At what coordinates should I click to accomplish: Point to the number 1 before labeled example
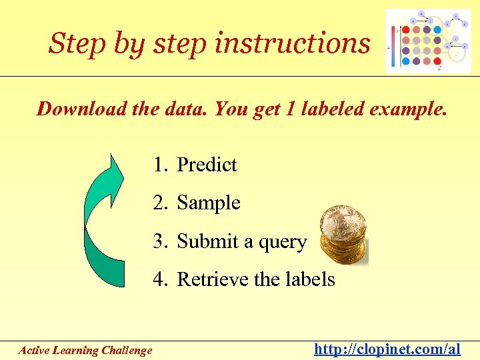291,109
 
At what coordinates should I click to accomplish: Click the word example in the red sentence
409,109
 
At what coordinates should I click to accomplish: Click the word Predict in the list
207,165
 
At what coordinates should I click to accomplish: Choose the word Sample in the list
209,203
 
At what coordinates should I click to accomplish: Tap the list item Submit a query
230,241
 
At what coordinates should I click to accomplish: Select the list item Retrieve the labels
244,279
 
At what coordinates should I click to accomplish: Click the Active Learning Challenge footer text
85,350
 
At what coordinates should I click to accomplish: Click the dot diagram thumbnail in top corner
427,41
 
